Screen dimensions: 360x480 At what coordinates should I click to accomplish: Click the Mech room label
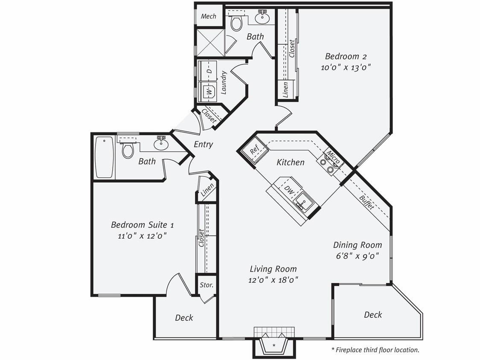(x=209, y=16)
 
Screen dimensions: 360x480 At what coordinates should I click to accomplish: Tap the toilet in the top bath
(x=236, y=22)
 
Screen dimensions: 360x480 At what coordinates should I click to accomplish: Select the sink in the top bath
(x=262, y=18)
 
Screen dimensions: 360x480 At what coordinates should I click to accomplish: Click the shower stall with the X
(x=210, y=43)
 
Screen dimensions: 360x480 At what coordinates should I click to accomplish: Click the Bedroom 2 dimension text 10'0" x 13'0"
(x=346, y=67)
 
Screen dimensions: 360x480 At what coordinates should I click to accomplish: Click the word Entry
(x=203, y=144)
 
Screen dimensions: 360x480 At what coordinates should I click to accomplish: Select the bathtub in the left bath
(x=104, y=157)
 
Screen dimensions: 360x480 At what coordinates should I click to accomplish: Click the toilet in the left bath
(x=128, y=150)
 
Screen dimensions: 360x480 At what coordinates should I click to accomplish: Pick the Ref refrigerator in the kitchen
(x=255, y=151)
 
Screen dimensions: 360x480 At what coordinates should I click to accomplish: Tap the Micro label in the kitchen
(x=333, y=157)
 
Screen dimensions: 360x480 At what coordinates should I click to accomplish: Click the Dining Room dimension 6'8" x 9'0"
(x=357, y=255)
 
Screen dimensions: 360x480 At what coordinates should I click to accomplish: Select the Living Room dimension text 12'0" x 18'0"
(x=273, y=280)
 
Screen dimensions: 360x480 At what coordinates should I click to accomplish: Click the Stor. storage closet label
(x=207, y=285)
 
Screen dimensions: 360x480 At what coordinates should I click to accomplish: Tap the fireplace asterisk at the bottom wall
(x=273, y=345)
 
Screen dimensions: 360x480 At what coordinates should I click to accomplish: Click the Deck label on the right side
(x=372, y=315)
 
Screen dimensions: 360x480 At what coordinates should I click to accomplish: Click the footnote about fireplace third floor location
(x=375, y=350)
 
